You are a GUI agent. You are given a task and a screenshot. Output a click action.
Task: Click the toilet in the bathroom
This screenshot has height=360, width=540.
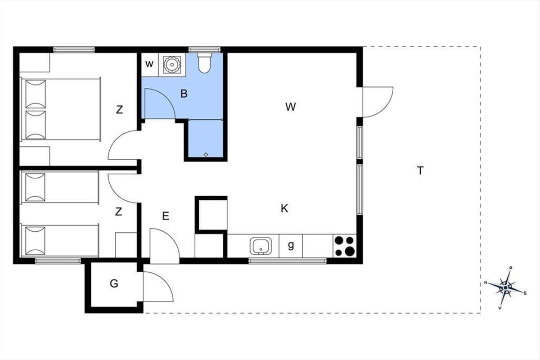pyautogui.click(x=204, y=63)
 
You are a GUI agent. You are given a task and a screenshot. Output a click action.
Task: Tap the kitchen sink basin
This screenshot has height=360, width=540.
pyautogui.click(x=261, y=246)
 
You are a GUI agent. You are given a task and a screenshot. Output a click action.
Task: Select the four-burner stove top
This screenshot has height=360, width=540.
pyautogui.click(x=345, y=246)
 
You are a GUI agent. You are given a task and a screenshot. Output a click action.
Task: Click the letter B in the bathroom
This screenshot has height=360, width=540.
pyautogui.click(x=184, y=94)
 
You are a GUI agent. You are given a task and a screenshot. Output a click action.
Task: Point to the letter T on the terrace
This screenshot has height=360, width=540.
pyautogui.click(x=420, y=171)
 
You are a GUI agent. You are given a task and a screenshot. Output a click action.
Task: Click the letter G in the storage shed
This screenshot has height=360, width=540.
pyautogui.click(x=114, y=283)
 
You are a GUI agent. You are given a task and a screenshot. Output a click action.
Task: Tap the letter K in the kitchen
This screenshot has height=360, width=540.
pyautogui.click(x=284, y=208)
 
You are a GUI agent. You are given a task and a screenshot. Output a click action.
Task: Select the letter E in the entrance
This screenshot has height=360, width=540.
pyautogui.click(x=166, y=216)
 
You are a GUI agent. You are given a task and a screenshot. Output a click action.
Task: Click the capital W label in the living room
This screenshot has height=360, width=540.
pyautogui.click(x=291, y=107)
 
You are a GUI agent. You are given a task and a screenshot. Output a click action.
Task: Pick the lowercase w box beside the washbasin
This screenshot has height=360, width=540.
pyautogui.click(x=149, y=64)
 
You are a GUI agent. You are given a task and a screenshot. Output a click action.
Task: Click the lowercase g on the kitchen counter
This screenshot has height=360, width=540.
pyautogui.click(x=291, y=245)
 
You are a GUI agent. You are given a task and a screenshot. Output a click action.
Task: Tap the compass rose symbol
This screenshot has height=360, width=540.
pyautogui.click(x=505, y=288)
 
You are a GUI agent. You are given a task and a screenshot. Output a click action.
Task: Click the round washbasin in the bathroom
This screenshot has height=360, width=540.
pyautogui.click(x=172, y=65)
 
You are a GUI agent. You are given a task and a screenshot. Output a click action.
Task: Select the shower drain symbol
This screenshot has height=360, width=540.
pyautogui.click(x=206, y=154)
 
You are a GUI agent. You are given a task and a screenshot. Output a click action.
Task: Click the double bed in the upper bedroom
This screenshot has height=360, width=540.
pyautogui.click(x=60, y=109)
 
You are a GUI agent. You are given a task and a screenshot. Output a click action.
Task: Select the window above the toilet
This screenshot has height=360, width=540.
pyautogui.click(x=204, y=49)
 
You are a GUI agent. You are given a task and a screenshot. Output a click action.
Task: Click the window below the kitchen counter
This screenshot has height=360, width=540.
pyautogui.click(x=288, y=261)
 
